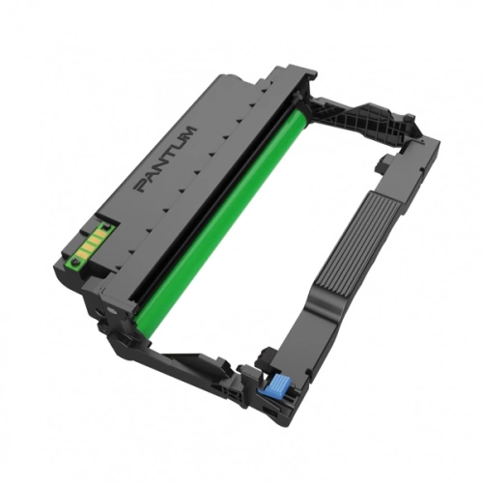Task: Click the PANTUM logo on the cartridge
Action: (x=166, y=159)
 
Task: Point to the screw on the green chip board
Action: (x=75, y=261)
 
